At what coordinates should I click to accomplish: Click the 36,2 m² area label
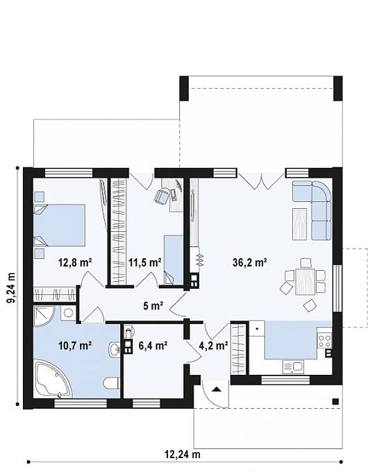pyautogui.click(x=250, y=262)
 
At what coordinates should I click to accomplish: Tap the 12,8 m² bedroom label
pyautogui.click(x=75, y=262)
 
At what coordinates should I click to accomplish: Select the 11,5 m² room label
pyautogui.click(x=145, y=262)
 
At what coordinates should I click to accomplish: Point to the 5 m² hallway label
pyautogui.click(x=153, y=306)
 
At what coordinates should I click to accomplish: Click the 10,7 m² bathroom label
pyautogui.click(x=75, y=345)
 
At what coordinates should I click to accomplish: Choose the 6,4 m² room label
pyautogui.click(x=153, y=345)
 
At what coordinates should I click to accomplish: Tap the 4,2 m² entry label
pyautogui.click(x=213, y=345)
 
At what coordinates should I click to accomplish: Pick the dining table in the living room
pyautogui.click(x=306, y=281)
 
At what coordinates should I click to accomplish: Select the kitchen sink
pyautogui.click(x=293, y=367)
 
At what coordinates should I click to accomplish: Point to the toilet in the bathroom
pyautogui.click(x=111, y=383)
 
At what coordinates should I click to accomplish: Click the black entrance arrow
pyautogui.click(x=216, y=389)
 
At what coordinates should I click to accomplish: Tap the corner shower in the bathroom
pyautogui.click(x=44, y=317)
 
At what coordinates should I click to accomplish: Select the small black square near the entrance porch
pyautogui.click(x=335, y=401)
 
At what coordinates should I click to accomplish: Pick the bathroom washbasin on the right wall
pyautogui.click(x=114, y=350)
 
